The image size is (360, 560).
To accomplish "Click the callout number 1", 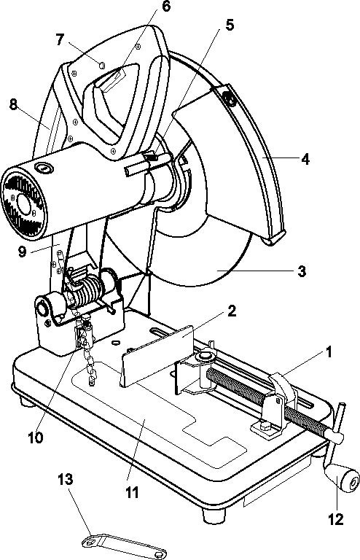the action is click(328, 351).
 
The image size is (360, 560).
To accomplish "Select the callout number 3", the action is click(302, 271).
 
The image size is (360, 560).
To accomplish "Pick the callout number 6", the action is click(166, 7).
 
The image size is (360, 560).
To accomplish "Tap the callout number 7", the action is click(60, 40).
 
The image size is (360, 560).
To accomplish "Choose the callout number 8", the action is click(13, 105).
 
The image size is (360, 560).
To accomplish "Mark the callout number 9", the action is click(22, 252).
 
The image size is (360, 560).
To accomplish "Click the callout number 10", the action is click(35, 437).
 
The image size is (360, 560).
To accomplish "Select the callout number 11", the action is click(132, 493).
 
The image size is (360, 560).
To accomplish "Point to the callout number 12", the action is click(335, 519).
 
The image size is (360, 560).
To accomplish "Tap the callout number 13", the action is click(66, 480).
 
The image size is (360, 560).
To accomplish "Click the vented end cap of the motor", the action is click(24, 203).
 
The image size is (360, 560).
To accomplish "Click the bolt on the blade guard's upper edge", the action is click(229, 98).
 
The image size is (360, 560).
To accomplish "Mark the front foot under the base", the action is click(214, 516).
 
